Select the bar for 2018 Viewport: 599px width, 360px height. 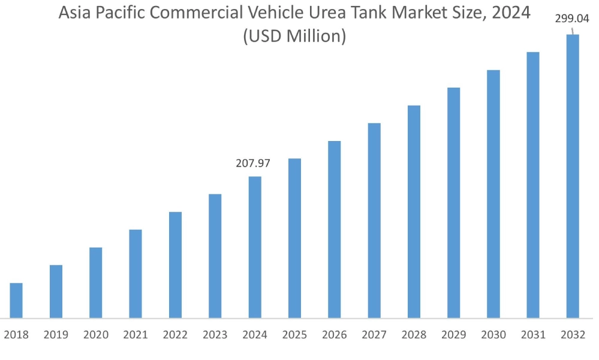pyautogui.click(x=16, y=300)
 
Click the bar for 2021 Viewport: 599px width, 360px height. pyautogui.click(x=136, y=274)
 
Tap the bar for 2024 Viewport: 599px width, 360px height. pyautogui.click(x=255, y=247)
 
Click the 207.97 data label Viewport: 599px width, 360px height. pyautogui.click(x=253, y=163)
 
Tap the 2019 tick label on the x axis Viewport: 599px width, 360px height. pyautogui.click(x=56, y=335)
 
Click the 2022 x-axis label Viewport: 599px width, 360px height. pyautogui.click(x=175, y=335)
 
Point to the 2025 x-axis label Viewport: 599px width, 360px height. pyautogui.click(x=294, y=335)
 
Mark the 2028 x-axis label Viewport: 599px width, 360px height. pyautogui.click(x=414, y=335)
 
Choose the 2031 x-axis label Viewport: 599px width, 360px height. pyautogui.click(x=533, y=335)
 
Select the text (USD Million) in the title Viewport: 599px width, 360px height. pyautogui.click(x=294, y=37)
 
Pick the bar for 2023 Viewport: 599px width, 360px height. pyautogui.click(x=215, y=256)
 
